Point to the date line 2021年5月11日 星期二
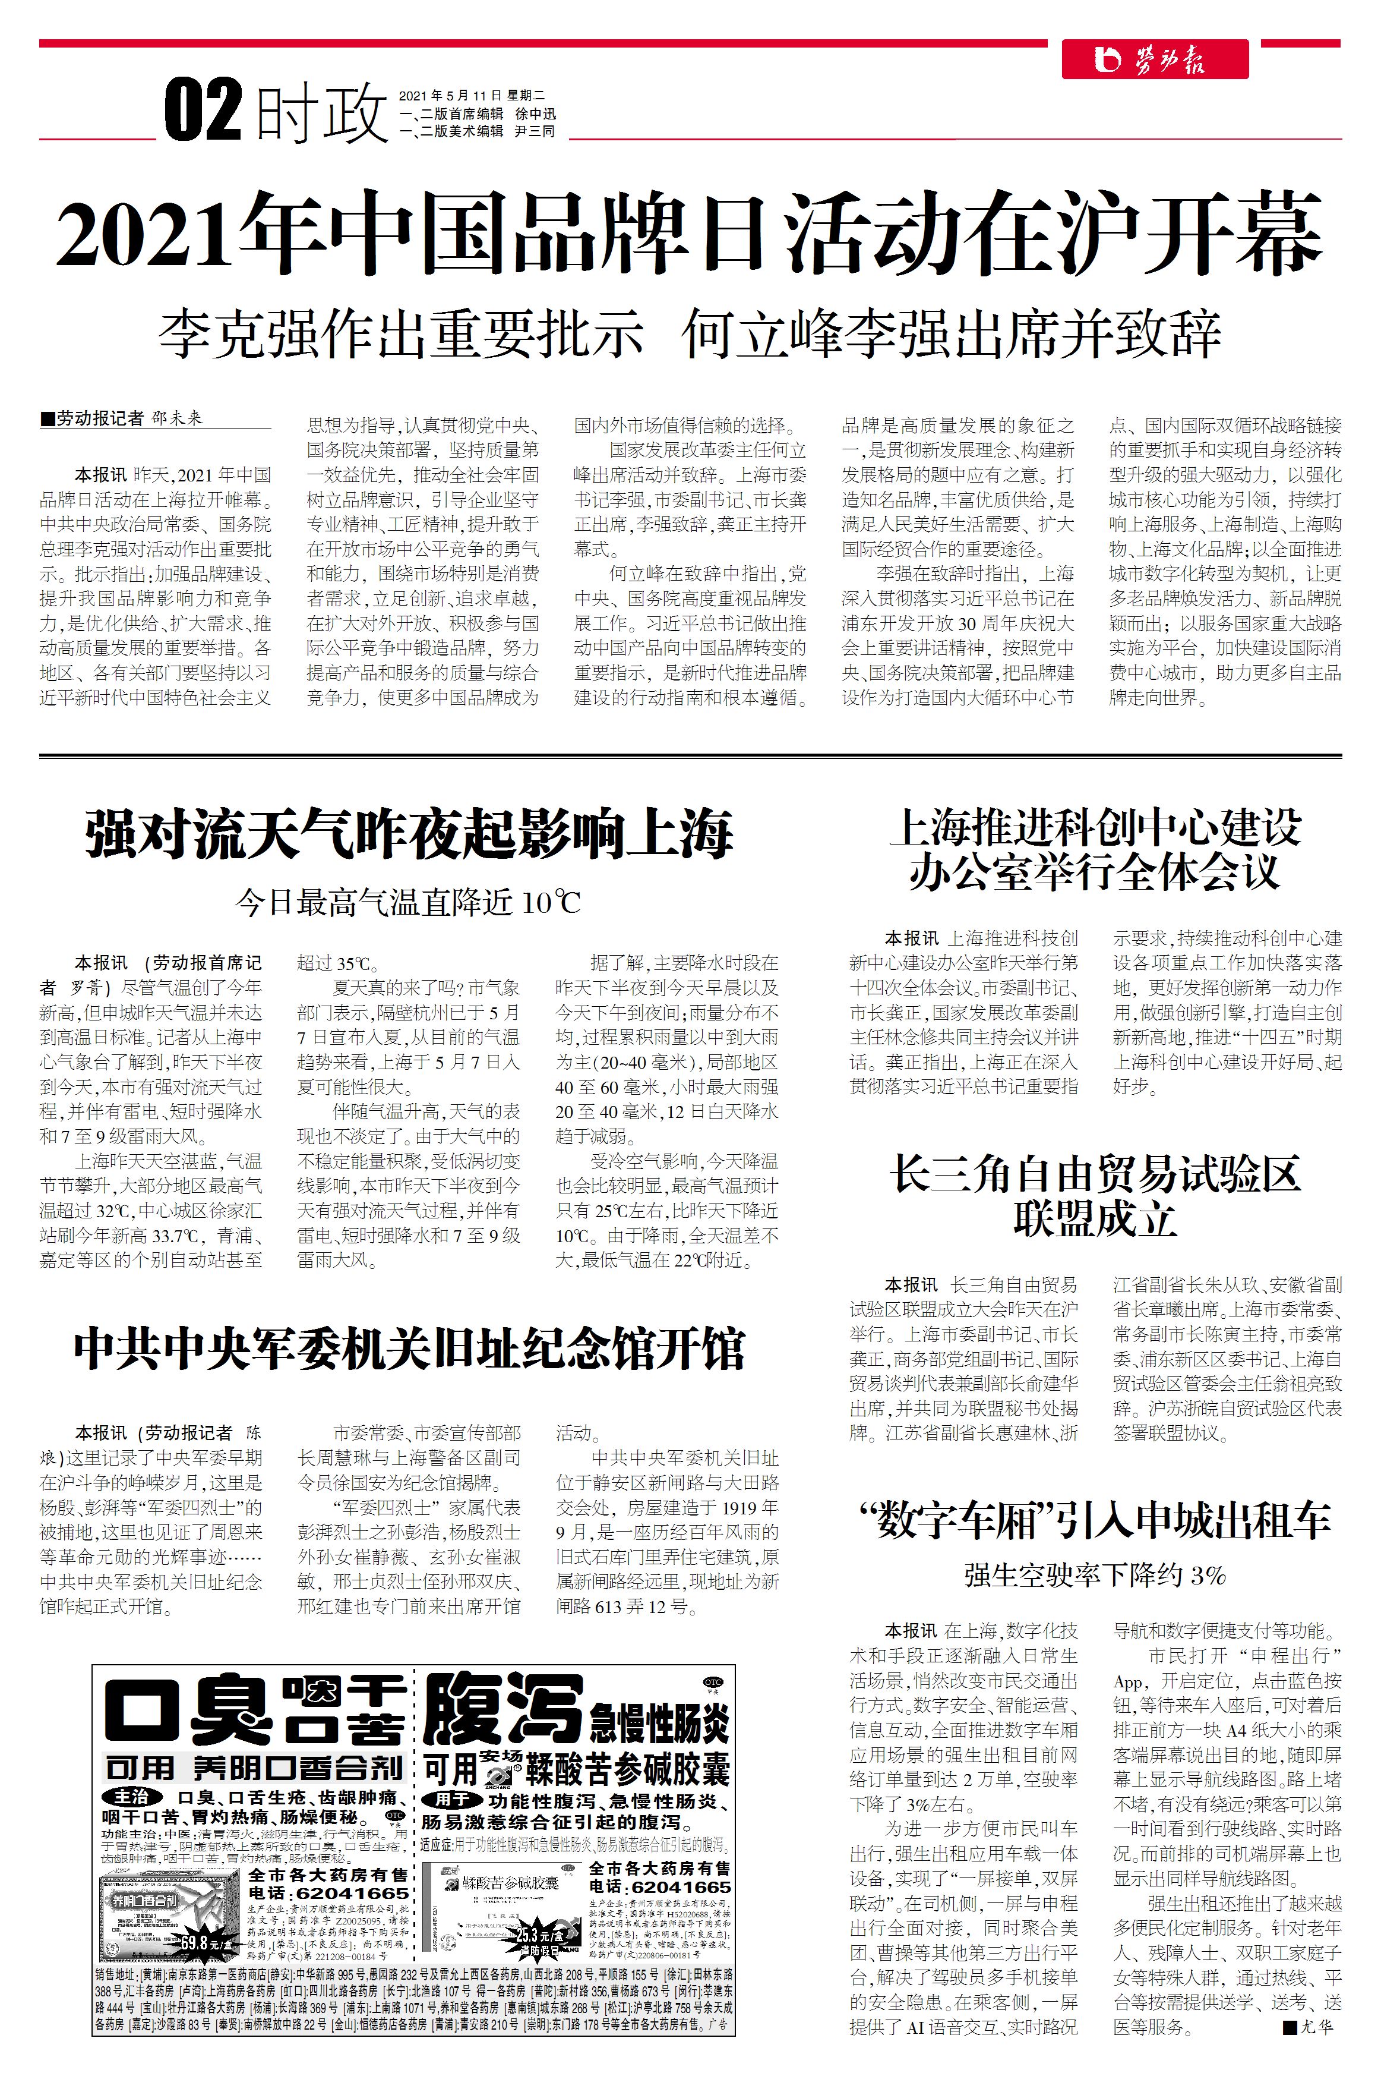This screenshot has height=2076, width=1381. (472, 95)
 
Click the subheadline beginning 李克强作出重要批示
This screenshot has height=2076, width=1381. (689, 334)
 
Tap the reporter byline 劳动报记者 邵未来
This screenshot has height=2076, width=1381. (124, 418)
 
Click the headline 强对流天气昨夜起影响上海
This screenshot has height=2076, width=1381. (409, 834)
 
